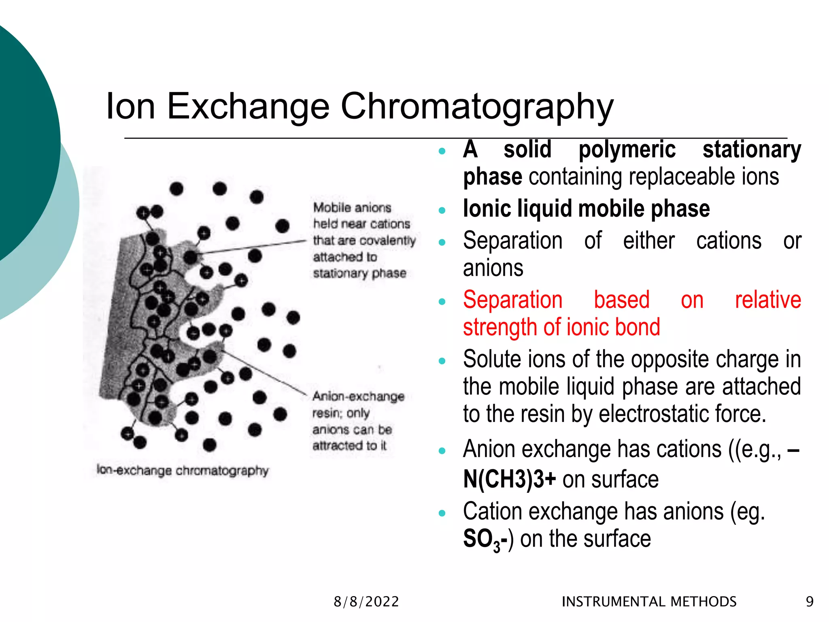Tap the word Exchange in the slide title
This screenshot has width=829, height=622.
coord(248,107)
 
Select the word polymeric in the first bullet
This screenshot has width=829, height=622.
coord(627,149)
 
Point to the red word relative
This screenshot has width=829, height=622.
coord(767,300)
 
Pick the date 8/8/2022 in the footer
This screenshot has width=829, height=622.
coord(366,602)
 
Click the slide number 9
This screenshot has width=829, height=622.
coord(810,602)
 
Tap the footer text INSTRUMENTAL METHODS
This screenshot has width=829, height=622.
coord(649,602)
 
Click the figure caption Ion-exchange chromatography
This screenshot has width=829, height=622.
coord(183,471)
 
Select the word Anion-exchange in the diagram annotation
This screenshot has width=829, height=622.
coord(358,396)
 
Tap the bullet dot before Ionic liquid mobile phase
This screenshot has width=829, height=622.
coord(442,210)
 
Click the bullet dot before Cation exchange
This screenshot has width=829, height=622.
coord(442,513)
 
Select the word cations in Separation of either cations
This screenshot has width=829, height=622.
coord(729,241)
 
